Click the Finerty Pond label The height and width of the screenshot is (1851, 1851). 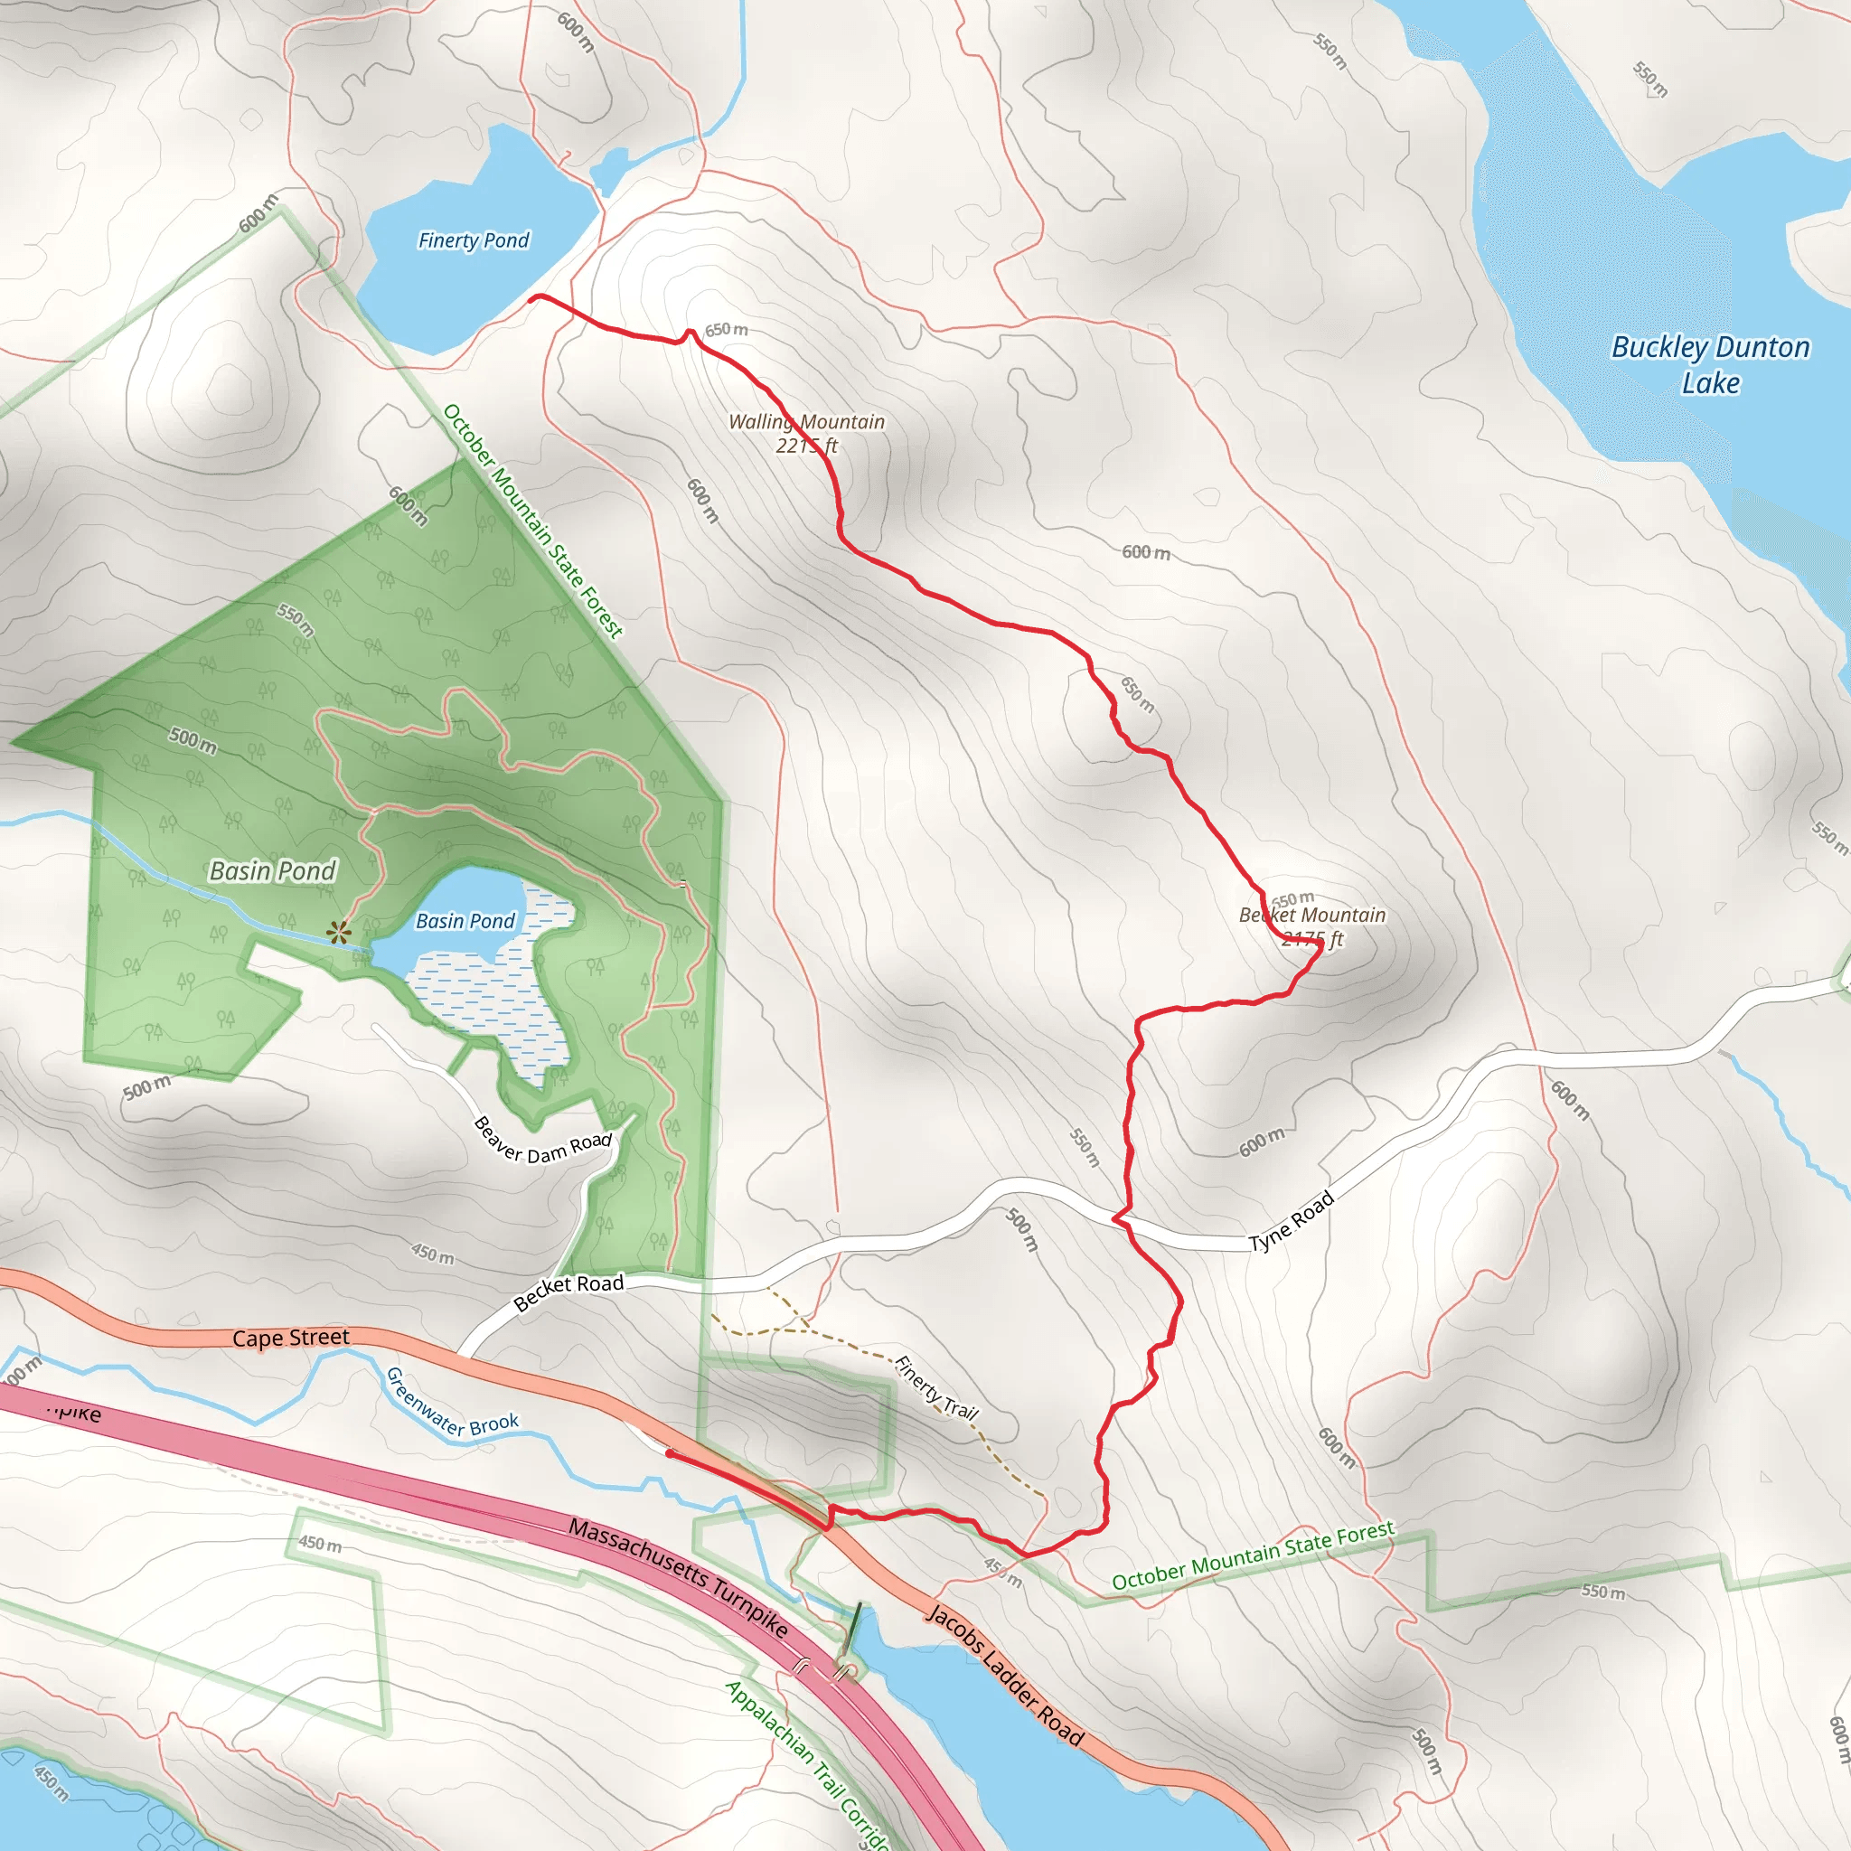point(474,240)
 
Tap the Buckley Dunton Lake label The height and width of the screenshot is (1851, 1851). point(1710,365)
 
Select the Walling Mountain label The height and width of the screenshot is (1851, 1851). point(807,433)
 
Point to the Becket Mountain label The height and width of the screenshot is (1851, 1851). point(1311,926)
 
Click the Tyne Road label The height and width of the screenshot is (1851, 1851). point(1292,1220)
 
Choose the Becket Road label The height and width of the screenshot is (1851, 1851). point(568,1292)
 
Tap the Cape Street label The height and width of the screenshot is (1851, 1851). point(291,1338)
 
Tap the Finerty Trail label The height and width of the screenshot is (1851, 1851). point(936,1387)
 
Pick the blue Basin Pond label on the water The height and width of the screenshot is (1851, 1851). point(465,921)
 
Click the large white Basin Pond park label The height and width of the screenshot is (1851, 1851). point(273,871)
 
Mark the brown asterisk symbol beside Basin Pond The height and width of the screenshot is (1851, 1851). point(338,932)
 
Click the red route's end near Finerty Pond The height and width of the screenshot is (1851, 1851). point(531,298)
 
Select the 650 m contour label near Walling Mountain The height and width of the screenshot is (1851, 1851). point(727,330)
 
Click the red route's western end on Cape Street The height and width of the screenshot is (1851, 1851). point(669,1453)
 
